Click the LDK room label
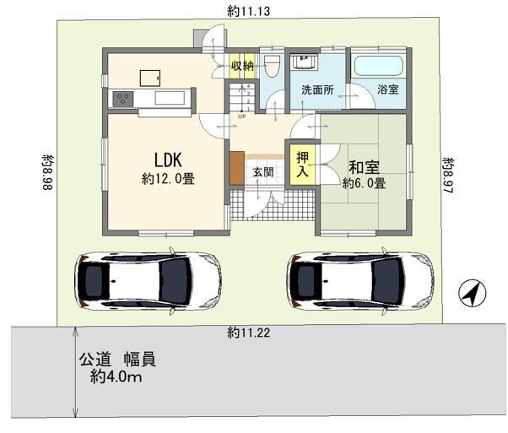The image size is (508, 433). [167, 160]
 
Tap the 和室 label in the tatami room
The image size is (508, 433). [364, 167]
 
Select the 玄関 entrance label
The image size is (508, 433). [263, 172]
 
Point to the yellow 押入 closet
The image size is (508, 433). [303, 165]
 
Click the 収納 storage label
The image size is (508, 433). [242, 66]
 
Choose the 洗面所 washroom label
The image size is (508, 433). [317, 89]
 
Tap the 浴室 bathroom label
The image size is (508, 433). [388, 89]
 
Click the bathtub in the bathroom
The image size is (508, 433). [378, 66]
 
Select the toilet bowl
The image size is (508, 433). [272, 66]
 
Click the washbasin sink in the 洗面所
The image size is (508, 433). [305, 62]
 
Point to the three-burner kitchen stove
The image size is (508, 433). [123, 99]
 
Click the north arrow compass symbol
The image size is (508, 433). [473, 292]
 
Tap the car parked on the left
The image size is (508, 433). [148, 281]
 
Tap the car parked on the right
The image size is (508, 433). [359, 281]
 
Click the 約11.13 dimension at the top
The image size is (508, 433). [248, 12]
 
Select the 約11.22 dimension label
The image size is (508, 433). [248, 333]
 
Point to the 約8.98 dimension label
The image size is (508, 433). [49, 172]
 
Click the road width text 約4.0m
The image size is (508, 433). [116, 377]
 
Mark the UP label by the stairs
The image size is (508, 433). [242, 116]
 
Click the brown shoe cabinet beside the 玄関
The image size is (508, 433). [237, 168]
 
